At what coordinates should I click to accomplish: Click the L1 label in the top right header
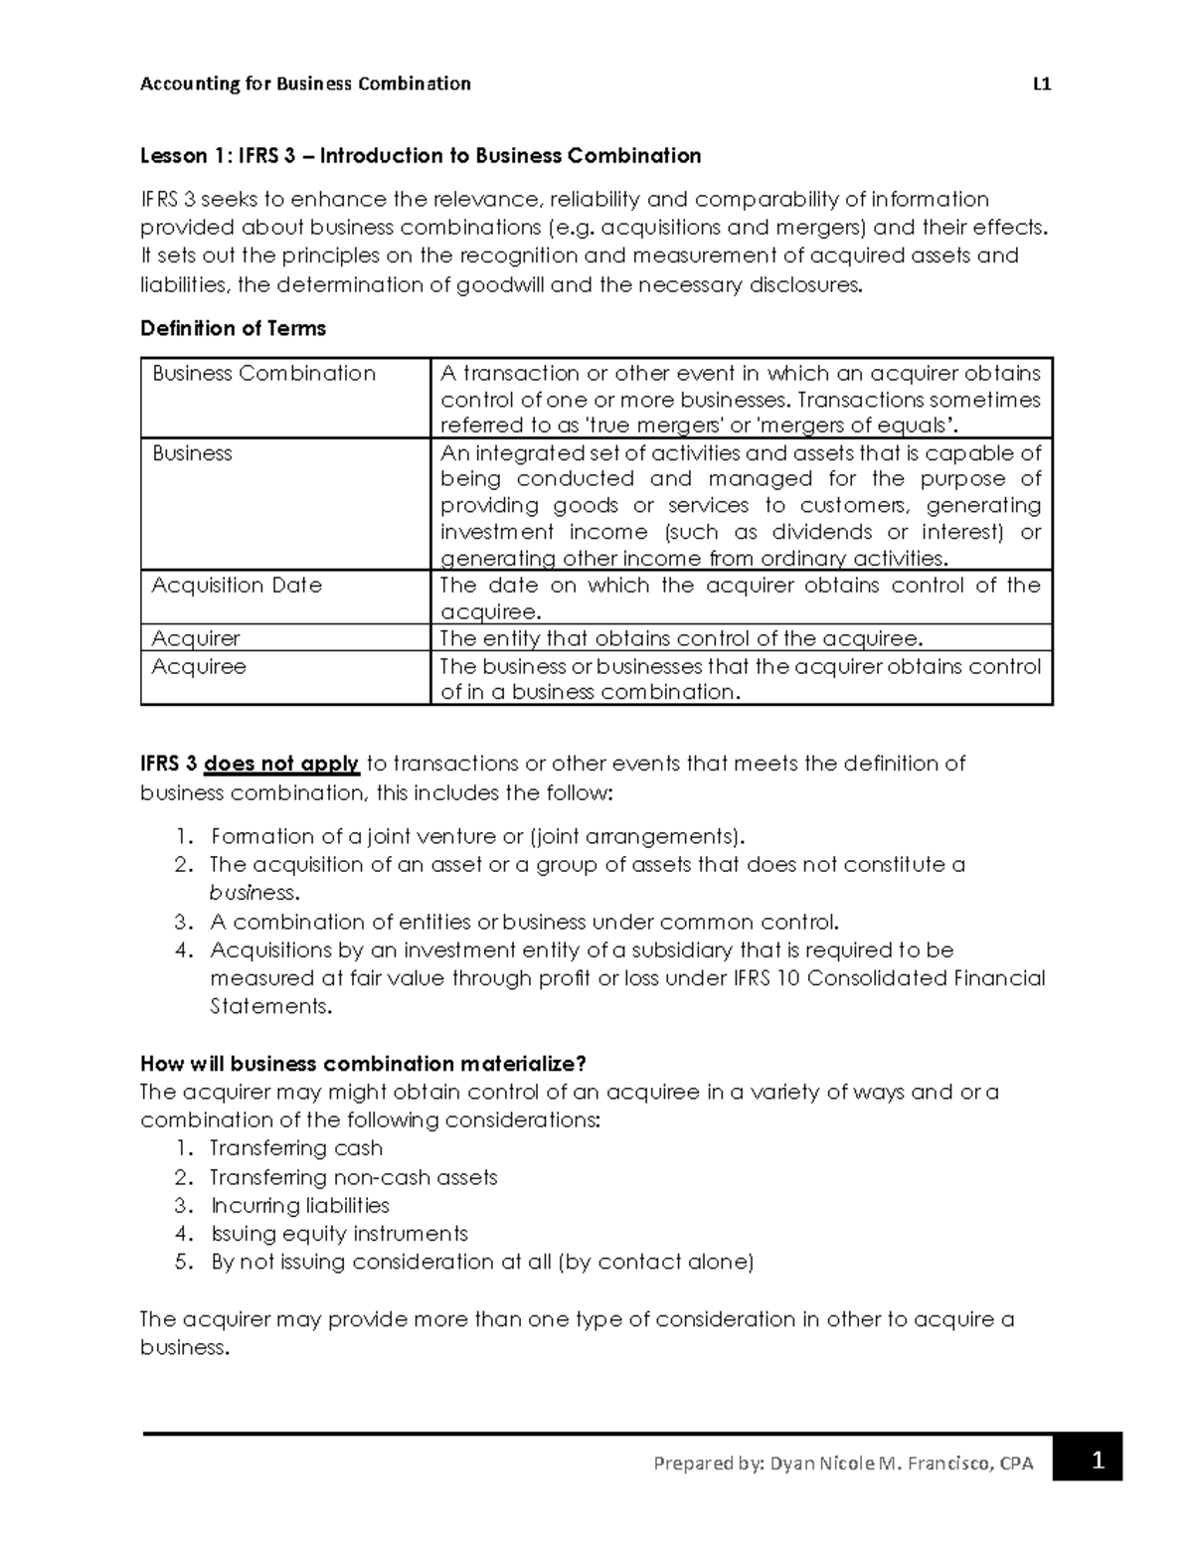(1042, 84)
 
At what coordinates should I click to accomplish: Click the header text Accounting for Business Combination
(305, 84)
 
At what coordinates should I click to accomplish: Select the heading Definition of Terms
(233, 328)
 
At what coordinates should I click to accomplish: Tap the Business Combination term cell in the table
(263, 374)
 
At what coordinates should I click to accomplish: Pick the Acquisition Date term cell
(237, 586)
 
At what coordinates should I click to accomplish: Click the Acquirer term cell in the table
(196, 638)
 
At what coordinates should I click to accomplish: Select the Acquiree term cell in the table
(199, 666)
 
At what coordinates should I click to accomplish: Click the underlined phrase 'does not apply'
(281, 764)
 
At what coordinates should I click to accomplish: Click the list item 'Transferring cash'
(296, 1148)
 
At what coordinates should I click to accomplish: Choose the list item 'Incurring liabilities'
(299, 1206)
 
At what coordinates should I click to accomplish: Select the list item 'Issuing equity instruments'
(338, 1234)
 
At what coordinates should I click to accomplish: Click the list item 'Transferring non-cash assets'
(353, 1178)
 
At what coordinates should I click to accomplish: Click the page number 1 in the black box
(1098, 1461)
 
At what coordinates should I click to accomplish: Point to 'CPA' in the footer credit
(1016, 1463)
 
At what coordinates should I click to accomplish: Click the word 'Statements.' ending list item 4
(269, 1006)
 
